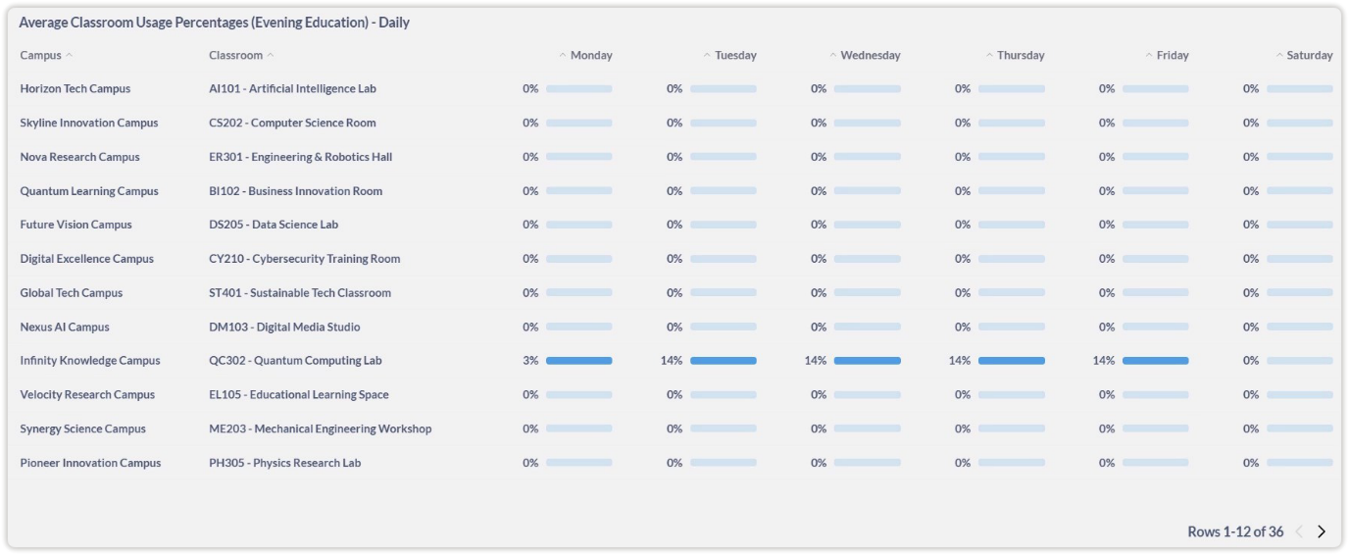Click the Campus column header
click(41, 56)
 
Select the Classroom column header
click(236, 56)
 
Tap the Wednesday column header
click(870, 56)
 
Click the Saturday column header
click(1309, 56)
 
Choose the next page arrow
click(1322, 531)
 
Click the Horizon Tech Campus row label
click(75, 89)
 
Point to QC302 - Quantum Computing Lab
click(295, 361)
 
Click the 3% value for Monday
click(530, 361)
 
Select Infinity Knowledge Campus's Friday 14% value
click(1104, 361)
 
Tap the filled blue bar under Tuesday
click(724, 361)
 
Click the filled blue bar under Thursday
click(1012, 361)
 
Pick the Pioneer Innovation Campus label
click(90, 463)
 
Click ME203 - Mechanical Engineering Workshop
click(320, 429)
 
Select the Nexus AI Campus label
click(65, 328)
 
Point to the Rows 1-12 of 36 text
click(1235, 531)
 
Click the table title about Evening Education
click(214, 23)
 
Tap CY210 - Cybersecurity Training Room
click(304, 259)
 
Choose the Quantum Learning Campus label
click(89, 191)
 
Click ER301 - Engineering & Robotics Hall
click(300, 157)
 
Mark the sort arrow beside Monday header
click(563, 56)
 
